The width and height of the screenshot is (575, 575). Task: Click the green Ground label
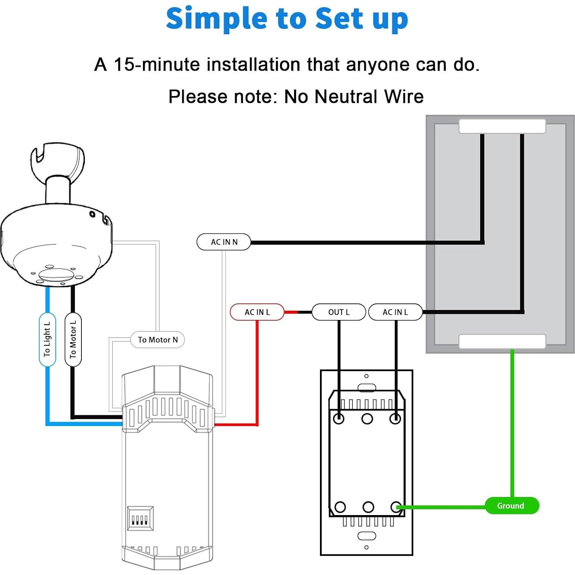pos(511,505)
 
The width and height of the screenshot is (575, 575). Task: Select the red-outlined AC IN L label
pos(257,312)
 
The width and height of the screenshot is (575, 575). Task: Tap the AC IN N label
pos(224,242)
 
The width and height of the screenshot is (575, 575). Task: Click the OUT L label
pos(338,312)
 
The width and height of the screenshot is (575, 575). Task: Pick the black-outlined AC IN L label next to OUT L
pos(395,312)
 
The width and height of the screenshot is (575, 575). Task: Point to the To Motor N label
pos(157,340)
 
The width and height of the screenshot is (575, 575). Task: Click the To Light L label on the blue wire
pos(47,340)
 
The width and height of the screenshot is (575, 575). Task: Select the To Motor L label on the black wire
pos(73,340)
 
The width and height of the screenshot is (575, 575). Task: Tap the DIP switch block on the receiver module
pos(140,519)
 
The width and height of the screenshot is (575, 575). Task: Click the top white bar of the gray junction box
pos(502,126)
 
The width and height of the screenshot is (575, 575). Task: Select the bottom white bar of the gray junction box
pos(502,341)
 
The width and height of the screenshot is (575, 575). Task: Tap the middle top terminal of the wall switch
pos(367,419)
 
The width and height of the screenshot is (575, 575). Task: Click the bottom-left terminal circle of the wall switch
pos(340,507)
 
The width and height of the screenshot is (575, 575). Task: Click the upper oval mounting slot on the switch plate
pos(366,388)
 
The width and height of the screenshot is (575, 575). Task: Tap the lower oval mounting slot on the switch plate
pos(366,536)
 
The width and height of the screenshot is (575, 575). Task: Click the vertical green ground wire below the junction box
pos(512,423)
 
